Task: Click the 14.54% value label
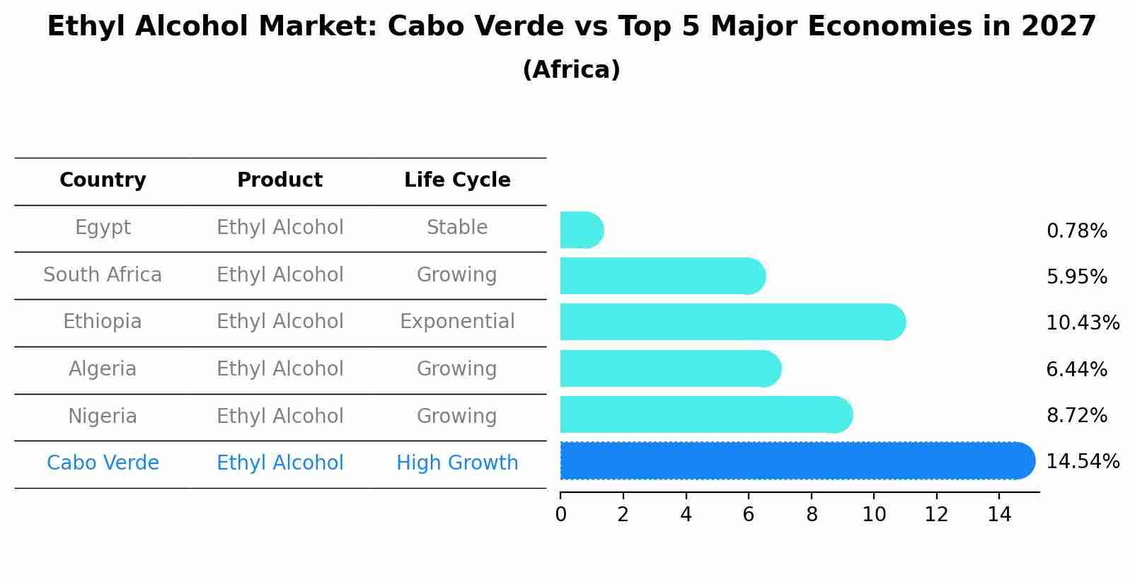(x=1082, y=462)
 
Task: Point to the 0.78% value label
(x=1076, y=231)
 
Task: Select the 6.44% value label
(x=1076, y=369)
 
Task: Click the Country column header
(x=103, y=180)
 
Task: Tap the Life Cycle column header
(x=457, y=180)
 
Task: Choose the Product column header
(x=280, y=180)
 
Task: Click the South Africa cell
(x=103, y=274)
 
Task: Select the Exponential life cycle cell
(x=457, y=322)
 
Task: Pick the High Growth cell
(x=457, y=463)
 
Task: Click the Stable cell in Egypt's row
(x=457, y=228)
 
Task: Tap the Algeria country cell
(x=103, y=369)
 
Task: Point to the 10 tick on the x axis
(x=874, y=514)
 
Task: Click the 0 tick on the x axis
(x=560, y=514)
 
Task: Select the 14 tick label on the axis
(x=999, y=514)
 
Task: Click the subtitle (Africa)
(x=571, y=70)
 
